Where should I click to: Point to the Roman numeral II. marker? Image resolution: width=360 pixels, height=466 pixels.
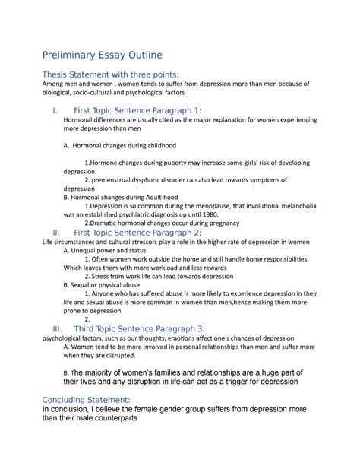[x=53, y=232]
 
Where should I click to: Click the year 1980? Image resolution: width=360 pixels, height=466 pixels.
[x=240, y=214]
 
